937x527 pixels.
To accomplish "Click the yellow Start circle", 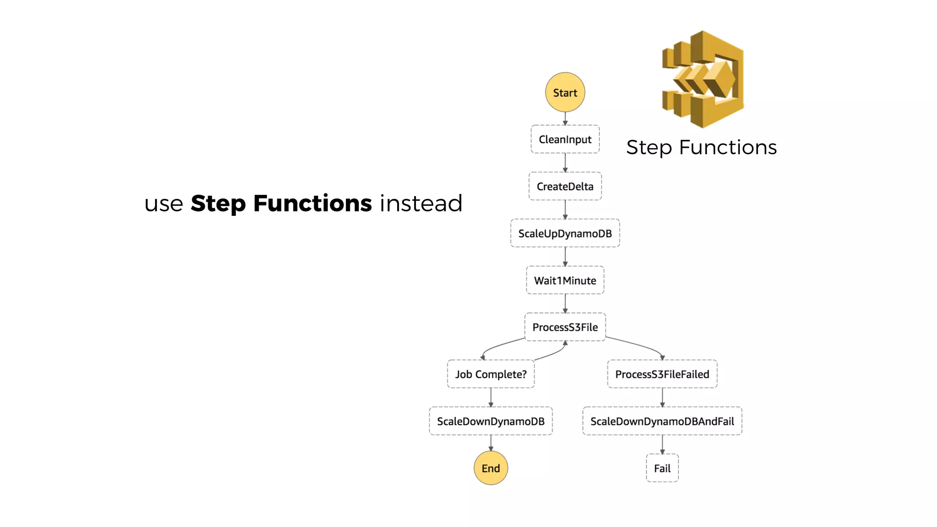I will tap(565, 92).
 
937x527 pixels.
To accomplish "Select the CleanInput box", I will tap(565, 139).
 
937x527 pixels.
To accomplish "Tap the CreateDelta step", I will tap(565, 186).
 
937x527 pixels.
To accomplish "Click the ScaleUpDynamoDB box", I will tap(565, 233).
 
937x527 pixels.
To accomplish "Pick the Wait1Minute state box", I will tap(565, 280).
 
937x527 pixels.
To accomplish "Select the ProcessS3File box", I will tap(565, 327).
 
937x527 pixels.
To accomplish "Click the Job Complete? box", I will tap(490, 374).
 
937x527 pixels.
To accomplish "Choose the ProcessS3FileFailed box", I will tap(662, 374).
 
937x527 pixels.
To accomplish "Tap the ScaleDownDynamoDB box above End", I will tap(490, 421).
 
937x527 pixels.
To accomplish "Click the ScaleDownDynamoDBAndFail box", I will tap(662, 421).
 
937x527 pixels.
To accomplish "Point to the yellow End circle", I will tap(490, 468).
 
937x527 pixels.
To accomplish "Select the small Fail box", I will tap(662, 468).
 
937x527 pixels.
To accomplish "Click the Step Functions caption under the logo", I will tap(701, 148).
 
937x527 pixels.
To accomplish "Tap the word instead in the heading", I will tap(421, 204).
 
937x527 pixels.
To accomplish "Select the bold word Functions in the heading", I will tap(312, 204).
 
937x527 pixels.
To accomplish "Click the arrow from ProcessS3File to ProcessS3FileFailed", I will tap(641, 345).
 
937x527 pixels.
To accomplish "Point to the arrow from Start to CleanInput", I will tap(565, 118).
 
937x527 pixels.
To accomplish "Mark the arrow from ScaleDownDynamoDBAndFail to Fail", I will tap(662, 444).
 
